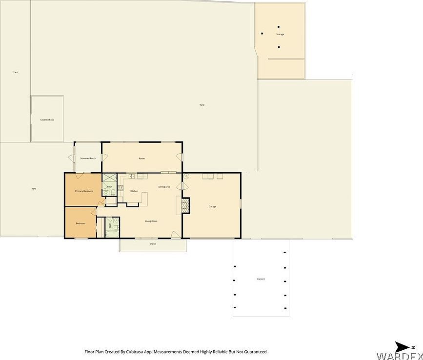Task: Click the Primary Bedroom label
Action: [x=84, y=191]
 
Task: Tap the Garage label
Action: [x=212, y=207]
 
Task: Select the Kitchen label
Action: [x=134, y=191]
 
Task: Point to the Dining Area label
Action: [x=164, y=187]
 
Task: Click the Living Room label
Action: [x=151, y=221]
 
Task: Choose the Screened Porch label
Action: [x=88, y=159]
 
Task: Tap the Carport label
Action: [x=261, y=279]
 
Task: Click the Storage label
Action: [x=280, y=34]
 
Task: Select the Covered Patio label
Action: [x=47, y=120]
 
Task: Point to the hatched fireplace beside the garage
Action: [x=185, y=206]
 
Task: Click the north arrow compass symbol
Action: [x=403, y=346]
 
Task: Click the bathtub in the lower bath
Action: [x=103, y=227]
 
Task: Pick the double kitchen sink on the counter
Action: [x=141, y=176]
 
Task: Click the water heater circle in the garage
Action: [x=186, y=177]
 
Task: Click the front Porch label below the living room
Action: [x=153, y=244]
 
